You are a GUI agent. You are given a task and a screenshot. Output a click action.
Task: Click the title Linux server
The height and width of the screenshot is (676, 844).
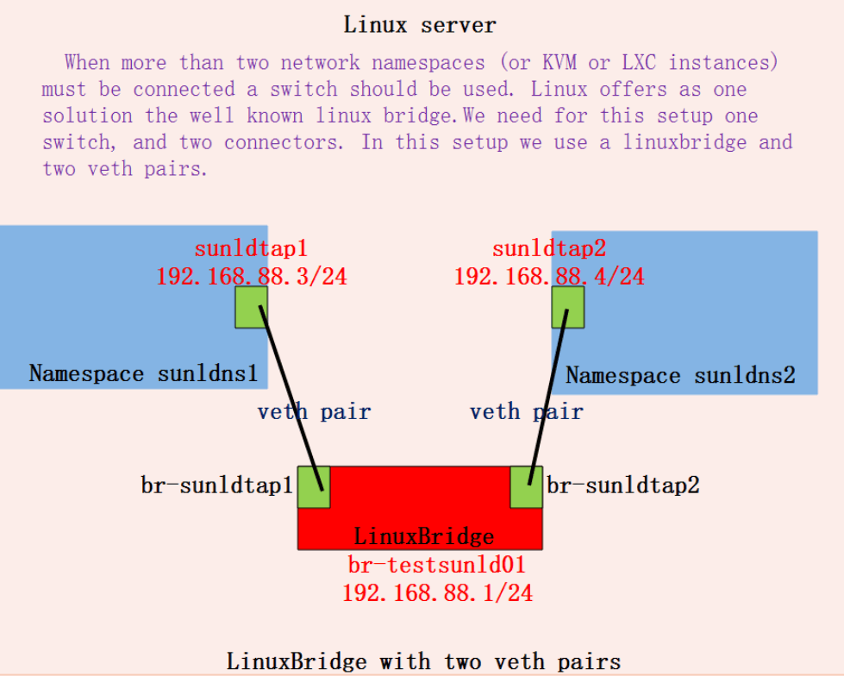point(420,24)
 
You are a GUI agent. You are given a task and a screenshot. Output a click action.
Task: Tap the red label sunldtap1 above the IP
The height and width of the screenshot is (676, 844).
point(250,250)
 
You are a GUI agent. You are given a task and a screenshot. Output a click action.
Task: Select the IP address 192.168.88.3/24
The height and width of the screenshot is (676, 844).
point(252,277)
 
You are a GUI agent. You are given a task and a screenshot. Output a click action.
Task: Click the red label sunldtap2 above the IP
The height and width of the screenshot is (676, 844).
point(549,249)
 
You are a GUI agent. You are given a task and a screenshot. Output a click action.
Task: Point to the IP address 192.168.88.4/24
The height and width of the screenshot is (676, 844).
point(549,277)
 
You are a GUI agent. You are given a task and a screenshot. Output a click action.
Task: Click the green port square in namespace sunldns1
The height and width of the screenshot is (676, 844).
point(251,307)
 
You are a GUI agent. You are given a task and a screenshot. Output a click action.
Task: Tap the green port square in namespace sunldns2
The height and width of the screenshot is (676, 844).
point(568,307)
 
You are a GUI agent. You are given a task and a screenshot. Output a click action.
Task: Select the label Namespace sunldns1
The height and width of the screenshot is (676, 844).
point(143,373)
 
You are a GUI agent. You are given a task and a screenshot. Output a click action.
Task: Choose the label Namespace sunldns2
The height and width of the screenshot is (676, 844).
point(680,376)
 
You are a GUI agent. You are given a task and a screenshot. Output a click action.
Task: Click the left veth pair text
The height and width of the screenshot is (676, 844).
point(314,412)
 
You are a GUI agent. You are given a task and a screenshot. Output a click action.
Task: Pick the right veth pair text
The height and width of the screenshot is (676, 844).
point(526,412)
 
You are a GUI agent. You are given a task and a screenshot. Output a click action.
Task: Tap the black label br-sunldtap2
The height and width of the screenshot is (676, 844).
point(622,485)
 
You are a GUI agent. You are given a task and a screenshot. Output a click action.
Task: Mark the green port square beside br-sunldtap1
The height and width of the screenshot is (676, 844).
point(314,487)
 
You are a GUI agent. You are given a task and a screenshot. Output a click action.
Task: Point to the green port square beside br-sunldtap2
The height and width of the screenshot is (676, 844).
point(526,487)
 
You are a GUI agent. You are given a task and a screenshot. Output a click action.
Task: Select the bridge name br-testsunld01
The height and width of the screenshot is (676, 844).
point(436,566)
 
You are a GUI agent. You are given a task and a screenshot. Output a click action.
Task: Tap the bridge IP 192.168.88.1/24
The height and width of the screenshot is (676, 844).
point(437,593)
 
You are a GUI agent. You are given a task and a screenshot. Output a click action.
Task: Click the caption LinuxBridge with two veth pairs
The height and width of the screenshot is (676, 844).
point(423,662)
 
